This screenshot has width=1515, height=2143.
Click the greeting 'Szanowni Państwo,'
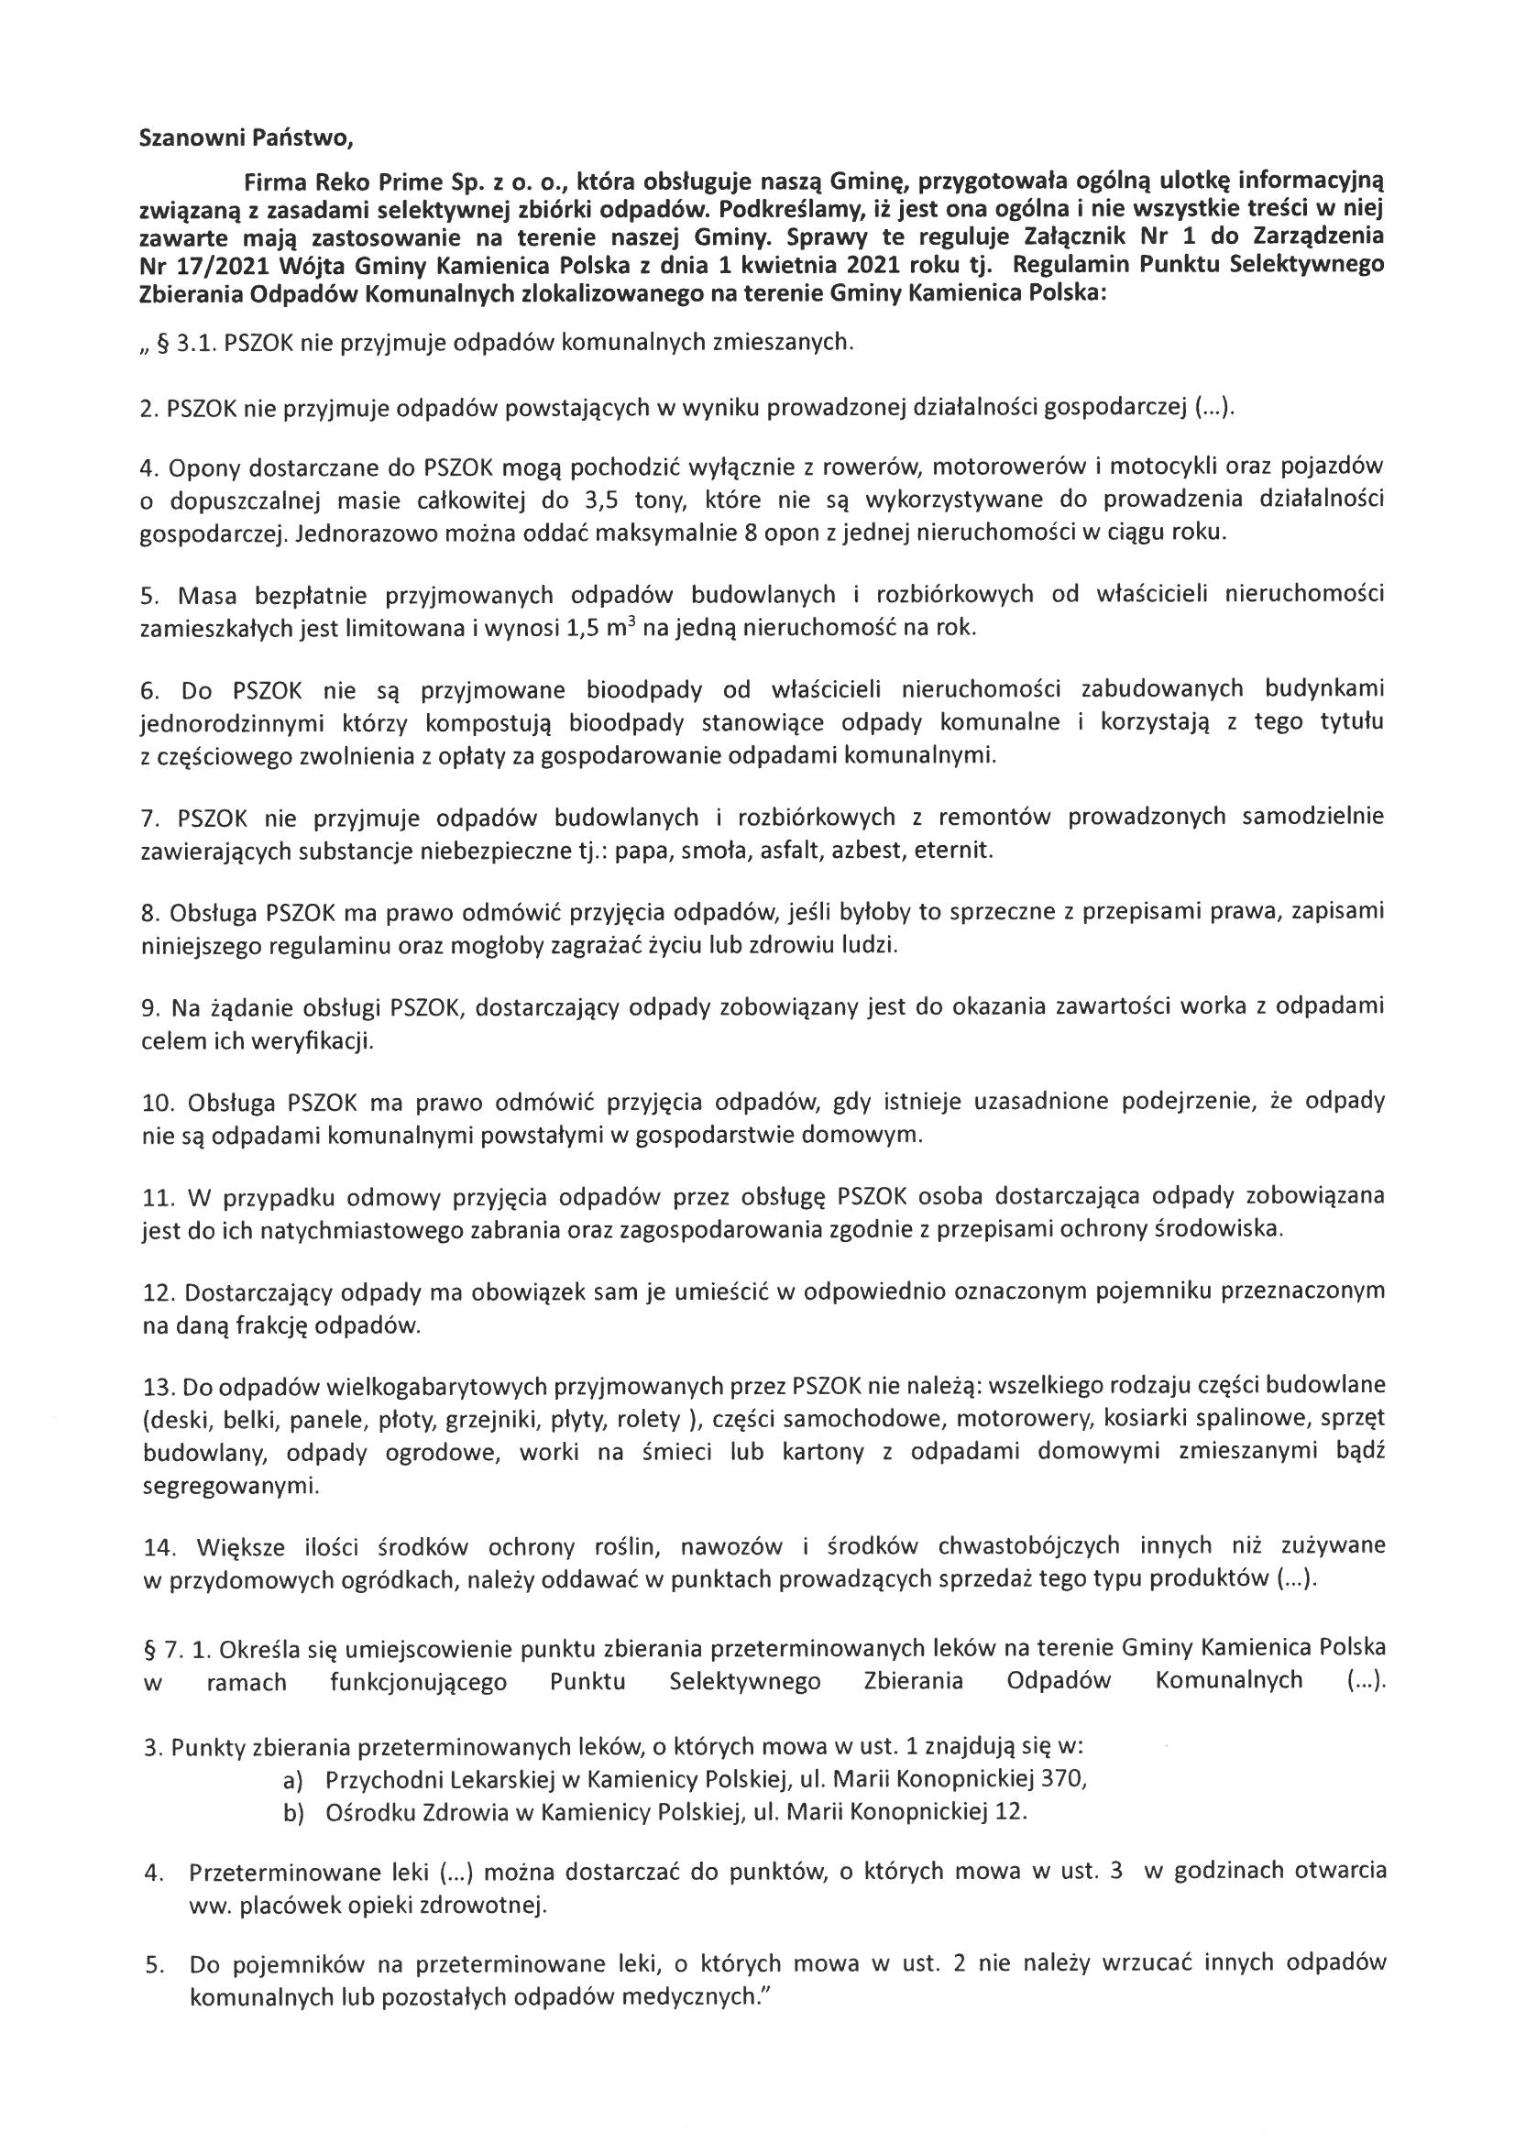(247, 139)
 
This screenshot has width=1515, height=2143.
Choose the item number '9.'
(151, 1007)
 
